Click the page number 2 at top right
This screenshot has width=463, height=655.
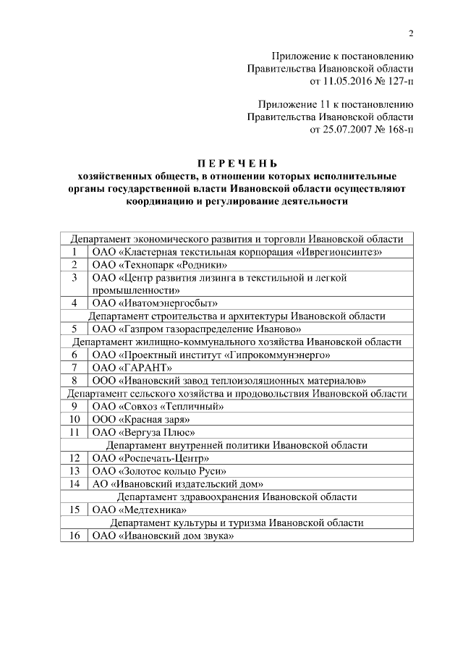click(410, 33)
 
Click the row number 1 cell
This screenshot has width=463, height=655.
click(74, 252)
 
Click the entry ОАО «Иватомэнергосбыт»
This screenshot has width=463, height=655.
click(155, 303)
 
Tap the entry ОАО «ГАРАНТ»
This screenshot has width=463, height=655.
click(124, 367)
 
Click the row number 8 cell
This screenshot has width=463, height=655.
click(74, 380)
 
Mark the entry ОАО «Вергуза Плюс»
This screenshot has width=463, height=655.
click(143, 432)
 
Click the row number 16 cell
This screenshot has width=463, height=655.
click(74, 536)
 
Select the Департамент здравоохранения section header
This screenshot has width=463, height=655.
click(237, 496)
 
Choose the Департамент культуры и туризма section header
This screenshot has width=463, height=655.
click(237, 523)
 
